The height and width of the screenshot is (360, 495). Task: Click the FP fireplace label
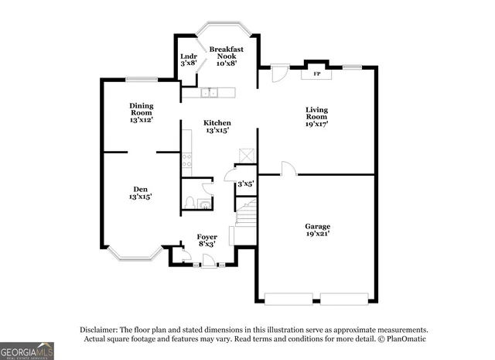click(317, 74)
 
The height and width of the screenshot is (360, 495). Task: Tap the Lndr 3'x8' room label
click(188, 60)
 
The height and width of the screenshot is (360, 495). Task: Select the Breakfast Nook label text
click(226, 53)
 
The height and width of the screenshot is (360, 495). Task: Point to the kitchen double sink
click(209, 94)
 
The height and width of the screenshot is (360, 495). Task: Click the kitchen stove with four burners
click(186, 161)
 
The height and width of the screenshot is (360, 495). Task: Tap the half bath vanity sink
click(203, 204)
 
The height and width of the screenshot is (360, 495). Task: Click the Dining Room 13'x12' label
click(141, 113)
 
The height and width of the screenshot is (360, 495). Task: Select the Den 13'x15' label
click(140, 194)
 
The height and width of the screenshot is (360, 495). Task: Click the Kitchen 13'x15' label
click(217, 127)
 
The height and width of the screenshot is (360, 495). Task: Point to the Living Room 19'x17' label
click(317, 116)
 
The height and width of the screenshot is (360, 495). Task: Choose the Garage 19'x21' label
click(317, 231)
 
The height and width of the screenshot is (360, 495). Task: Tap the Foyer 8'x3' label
click(207, 240)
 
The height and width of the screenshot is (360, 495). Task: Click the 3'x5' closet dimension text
click(245, 184)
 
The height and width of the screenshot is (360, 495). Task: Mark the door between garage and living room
click(288, 168)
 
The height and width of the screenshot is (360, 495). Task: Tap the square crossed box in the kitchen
click(245, 155)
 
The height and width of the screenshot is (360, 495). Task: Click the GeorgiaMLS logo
click(27, 351)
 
